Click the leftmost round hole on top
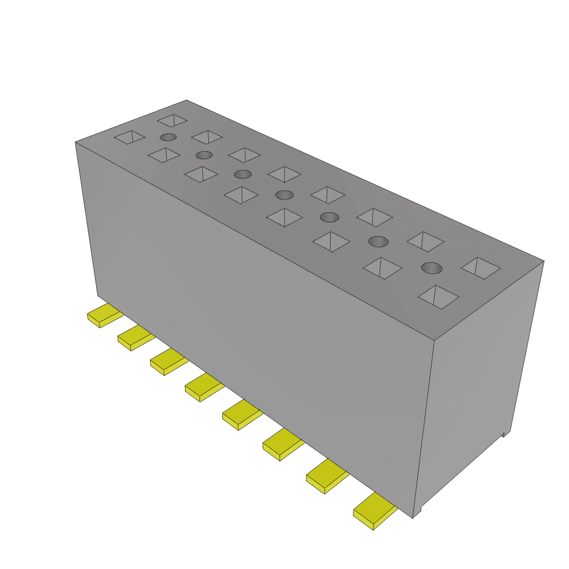(168, 137)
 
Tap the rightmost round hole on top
(432, 268)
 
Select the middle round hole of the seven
(284, 194)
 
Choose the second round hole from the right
(378, 241)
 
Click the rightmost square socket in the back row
(481, 268)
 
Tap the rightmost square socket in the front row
(438, 297)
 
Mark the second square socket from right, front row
(382, 268)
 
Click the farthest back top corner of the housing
(187, 101)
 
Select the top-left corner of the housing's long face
(76, 143)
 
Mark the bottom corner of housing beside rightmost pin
(413, 517)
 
